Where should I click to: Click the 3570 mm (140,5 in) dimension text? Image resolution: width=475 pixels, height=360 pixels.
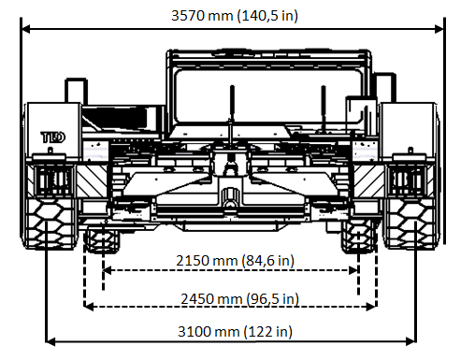(235, 16)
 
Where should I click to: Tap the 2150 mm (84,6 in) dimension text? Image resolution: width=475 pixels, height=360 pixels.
(235, 260)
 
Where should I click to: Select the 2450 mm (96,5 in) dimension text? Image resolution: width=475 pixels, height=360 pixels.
(239, 299)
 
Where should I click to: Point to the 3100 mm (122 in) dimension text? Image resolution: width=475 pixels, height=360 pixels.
(235, 331)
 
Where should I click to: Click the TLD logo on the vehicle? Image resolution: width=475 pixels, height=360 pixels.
(53, 137)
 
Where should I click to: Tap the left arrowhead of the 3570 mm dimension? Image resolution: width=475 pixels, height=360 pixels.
(25, 29)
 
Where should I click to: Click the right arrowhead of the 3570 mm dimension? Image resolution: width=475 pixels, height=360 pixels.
(439, 29)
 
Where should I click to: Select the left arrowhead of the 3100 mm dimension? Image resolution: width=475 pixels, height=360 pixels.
(50, 341)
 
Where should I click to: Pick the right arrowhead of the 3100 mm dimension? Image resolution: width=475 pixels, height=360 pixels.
(410, 341)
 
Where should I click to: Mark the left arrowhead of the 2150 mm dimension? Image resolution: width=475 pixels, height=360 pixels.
(108, 270)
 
